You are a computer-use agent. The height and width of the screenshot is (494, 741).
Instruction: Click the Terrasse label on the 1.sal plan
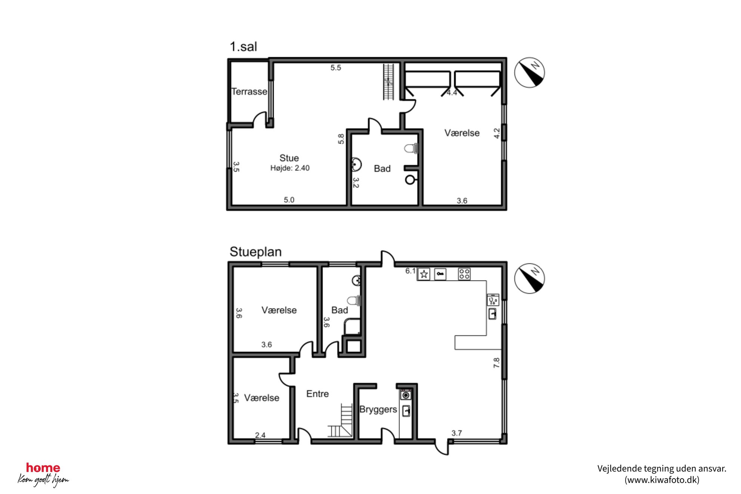click(249, 91)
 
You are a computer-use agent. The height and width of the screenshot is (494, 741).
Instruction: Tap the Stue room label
click(289, 158)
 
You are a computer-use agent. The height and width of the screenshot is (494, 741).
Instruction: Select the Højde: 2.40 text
click(290, 168)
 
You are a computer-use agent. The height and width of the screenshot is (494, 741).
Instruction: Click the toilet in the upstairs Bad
click(411, 148)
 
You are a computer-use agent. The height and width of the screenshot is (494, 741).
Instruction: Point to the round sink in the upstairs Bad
click(357, 164)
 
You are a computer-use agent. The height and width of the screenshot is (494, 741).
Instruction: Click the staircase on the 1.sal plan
click(388, 82)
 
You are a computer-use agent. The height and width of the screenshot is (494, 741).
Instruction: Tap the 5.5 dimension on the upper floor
click(336, 68)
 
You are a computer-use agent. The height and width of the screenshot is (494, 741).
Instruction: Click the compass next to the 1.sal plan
click(529, 72)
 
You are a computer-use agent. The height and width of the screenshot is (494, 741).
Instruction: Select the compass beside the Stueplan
click(529, 278)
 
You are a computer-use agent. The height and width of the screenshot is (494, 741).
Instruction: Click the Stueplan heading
click(255, 252)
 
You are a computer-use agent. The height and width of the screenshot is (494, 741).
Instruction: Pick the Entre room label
click(317, 394)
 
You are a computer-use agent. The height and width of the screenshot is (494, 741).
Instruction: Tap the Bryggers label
click(378, 409)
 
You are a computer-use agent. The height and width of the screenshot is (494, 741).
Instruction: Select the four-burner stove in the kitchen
click(464, 274)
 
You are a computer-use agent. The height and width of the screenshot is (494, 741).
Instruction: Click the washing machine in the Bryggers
click(406, 395)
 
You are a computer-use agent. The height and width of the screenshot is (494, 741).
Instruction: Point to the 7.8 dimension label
click(496, 363)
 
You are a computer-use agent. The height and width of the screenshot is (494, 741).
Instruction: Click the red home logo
click(43, 467)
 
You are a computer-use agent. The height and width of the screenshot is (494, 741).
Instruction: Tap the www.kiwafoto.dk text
click(662, 480)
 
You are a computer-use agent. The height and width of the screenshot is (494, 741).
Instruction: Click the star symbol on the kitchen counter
click(424, 274)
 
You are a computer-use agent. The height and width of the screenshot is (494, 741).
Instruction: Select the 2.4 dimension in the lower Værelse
click(260, 435)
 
